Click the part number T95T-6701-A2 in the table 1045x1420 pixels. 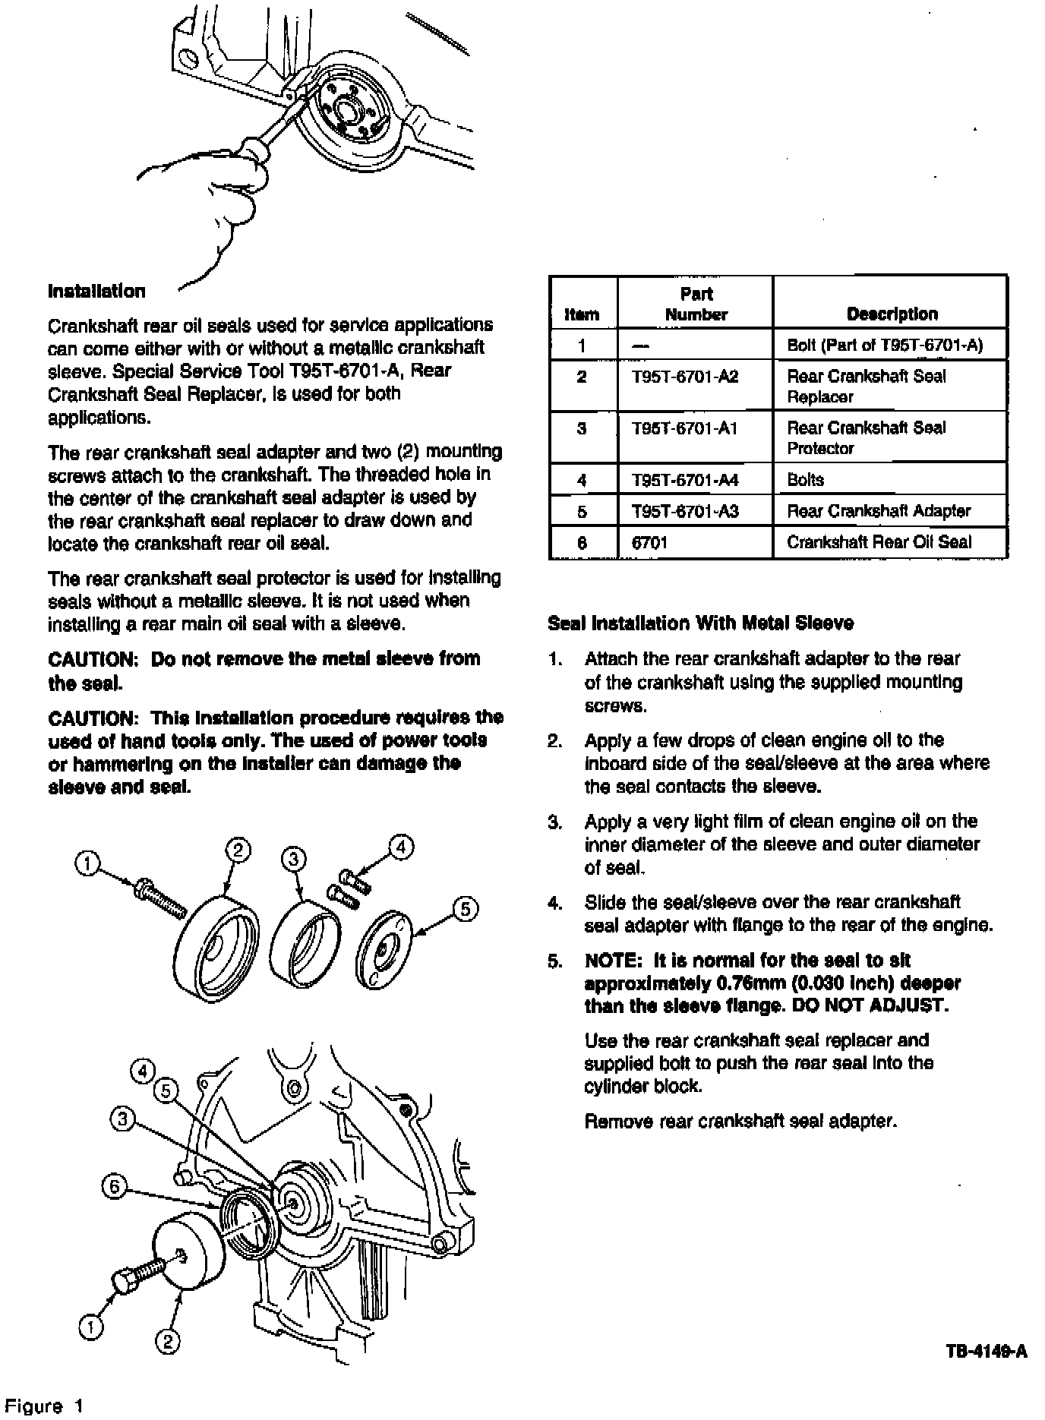pyautogui.click(x=684, y=377)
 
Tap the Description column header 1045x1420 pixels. pyautogui.click(x=892, y=314)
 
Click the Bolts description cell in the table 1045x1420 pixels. pyautogui.click(x=805, y=480)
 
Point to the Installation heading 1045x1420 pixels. pyautogui.click(x=96, y=292)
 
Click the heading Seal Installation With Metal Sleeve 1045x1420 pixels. pyautogui.click(x=700, y=623)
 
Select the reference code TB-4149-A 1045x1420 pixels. pyautogui.click(x=987, y=1351)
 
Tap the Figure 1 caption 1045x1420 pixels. pyautogui.click(x=43, y=1406)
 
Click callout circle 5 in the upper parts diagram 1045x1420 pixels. pyautogui.click(x=466, y=909)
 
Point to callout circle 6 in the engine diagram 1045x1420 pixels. pyautogui.click(x=114, y=1187)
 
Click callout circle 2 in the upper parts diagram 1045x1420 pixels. pyautogui.click(x=238, y=850)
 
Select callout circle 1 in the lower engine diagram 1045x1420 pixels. pyautogui.click(x=90, y=1327)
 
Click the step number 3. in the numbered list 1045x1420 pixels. pyautogui.click(x=555, y=822)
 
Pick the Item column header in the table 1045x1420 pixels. pyautogui.click(x=582, y=314)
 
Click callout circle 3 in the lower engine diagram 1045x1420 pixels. pyautogui.click(x=123, y=1118)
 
